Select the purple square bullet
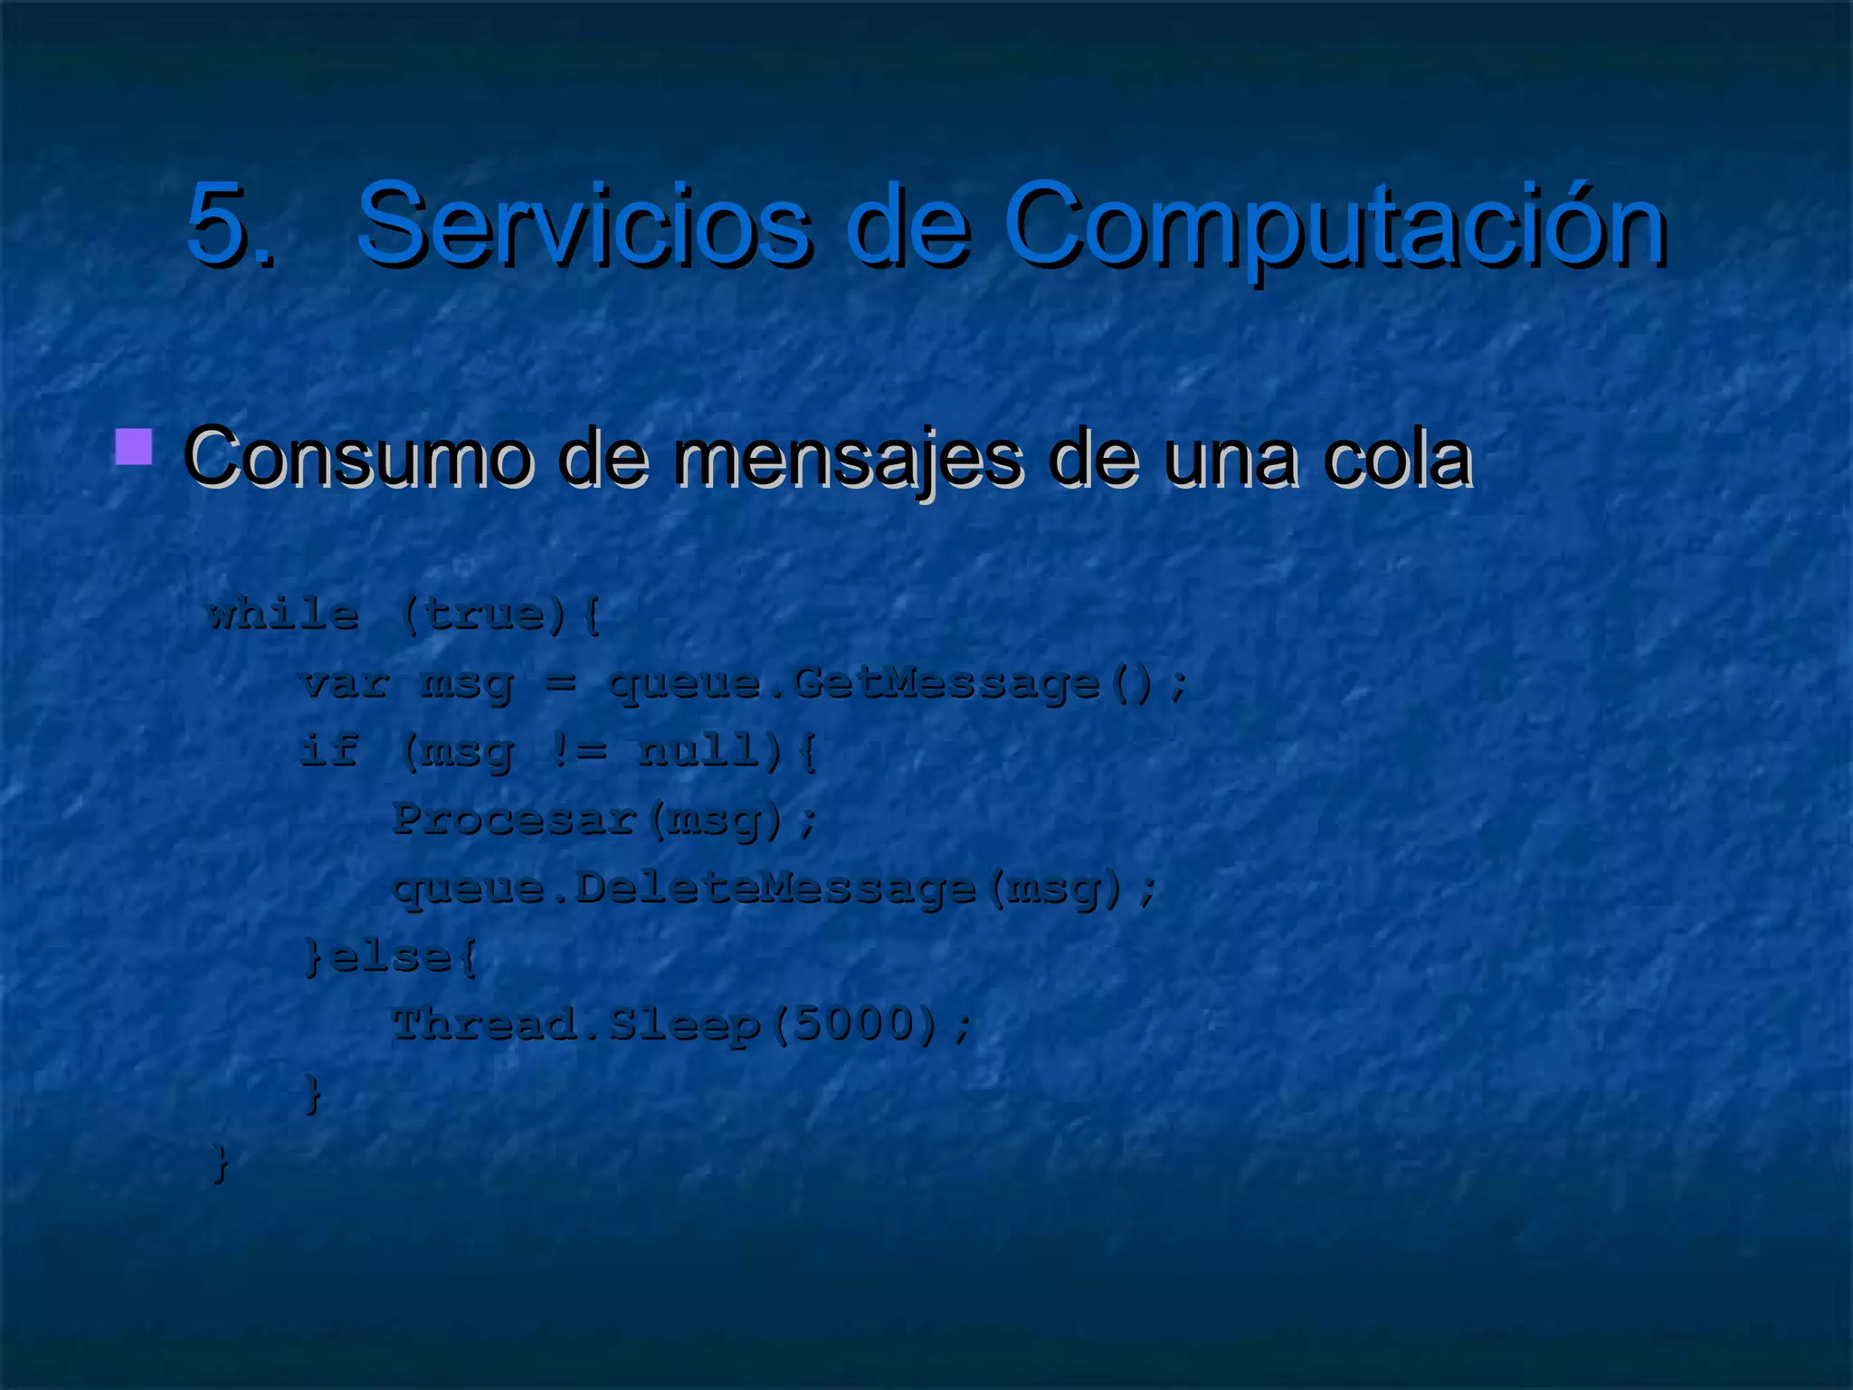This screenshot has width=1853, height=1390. (x=134, y=447)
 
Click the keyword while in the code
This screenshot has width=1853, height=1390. (x=283, y=615)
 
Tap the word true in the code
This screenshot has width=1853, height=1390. (x=484, y=615)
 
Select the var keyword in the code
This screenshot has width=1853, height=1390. (x=345, y=683)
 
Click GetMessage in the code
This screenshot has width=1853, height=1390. (x=946, y=684)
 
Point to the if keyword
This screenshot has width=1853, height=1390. (x=329, y=750)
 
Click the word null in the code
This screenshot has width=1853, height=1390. (x=698, y=750)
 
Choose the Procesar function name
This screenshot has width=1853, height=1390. (x=515, y=819)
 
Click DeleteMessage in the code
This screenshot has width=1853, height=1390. (x=775, y=888)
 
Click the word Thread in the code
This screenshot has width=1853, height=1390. (x=484, y=1024)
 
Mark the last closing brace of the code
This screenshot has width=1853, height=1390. (x=220, y=1162)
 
